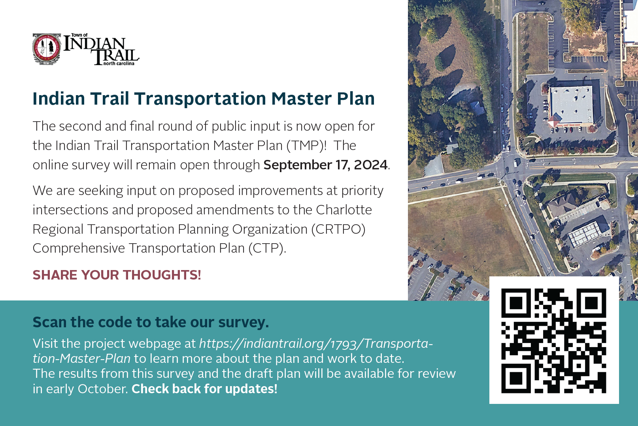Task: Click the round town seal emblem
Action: (x=47, y=49)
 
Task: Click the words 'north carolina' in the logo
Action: (x=119, y=64)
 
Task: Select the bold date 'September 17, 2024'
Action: (x=325, y=165)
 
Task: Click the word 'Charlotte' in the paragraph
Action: (x=344, y=210)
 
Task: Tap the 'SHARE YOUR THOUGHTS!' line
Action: (x=117, y=275)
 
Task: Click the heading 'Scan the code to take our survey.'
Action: (x=151, y=322)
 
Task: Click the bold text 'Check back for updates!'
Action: (x=204, y=389)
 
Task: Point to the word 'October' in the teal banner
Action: (x=103, y=389)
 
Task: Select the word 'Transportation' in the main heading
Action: (x=200, y=99)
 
